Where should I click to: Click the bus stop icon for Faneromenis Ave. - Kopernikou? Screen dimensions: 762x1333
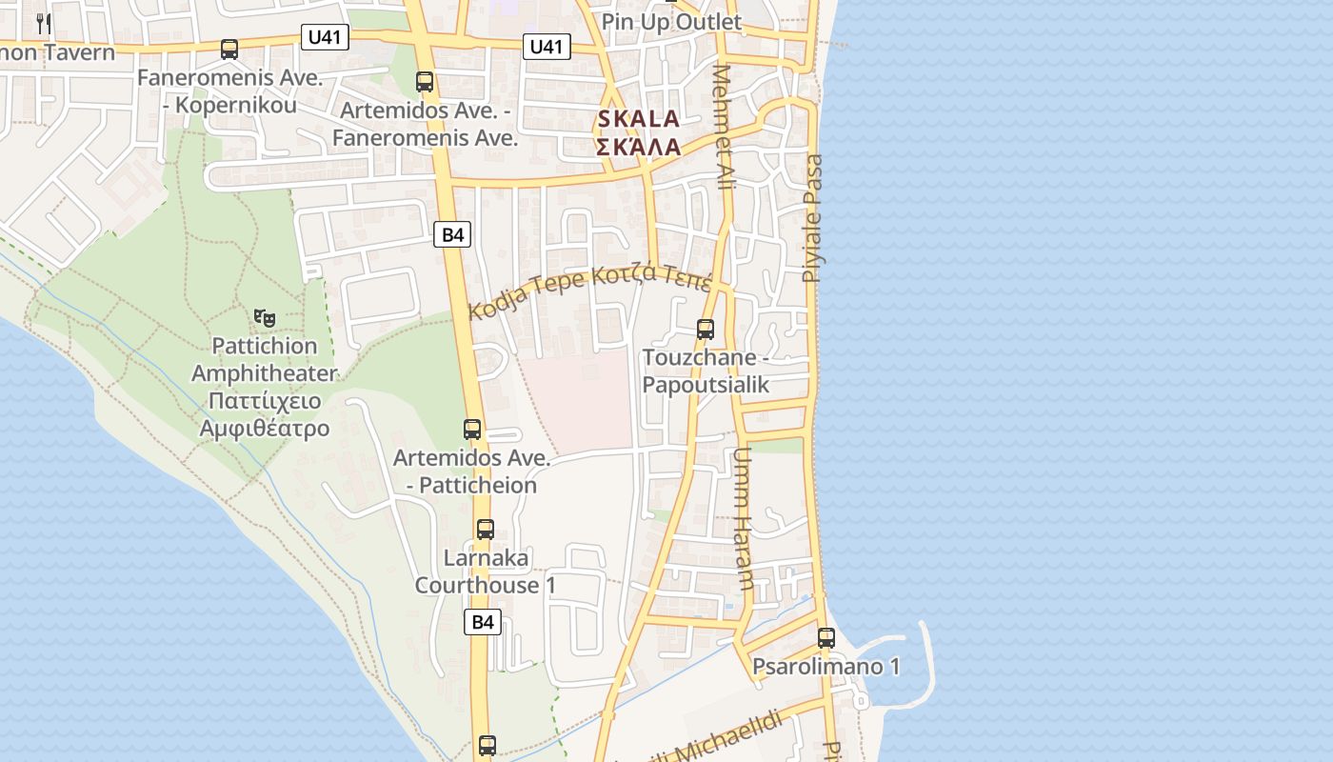229,50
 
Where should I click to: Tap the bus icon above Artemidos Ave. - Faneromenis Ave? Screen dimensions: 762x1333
425,82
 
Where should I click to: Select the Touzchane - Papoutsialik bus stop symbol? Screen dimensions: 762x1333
706,330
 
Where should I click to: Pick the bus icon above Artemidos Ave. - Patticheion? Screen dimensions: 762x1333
472,430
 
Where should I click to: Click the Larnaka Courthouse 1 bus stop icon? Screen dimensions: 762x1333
486,530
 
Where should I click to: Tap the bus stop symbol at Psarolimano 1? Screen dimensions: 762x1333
826,638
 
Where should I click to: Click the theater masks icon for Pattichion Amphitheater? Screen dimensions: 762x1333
264,316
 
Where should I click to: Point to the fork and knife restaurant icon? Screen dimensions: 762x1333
44,23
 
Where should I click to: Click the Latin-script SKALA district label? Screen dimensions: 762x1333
638,120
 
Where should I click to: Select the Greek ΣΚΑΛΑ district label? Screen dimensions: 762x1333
638,148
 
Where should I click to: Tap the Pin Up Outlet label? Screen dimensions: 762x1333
671,22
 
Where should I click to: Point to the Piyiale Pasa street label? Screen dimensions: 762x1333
812,219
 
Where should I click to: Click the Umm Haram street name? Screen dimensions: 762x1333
743,519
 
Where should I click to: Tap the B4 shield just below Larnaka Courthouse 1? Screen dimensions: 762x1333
484,623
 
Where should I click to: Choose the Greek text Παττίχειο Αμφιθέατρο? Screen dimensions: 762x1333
264,414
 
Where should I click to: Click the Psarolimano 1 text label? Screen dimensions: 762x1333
826,667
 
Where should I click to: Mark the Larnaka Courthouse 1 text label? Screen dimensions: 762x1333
485,571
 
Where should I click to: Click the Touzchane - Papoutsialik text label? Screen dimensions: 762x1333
706,371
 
